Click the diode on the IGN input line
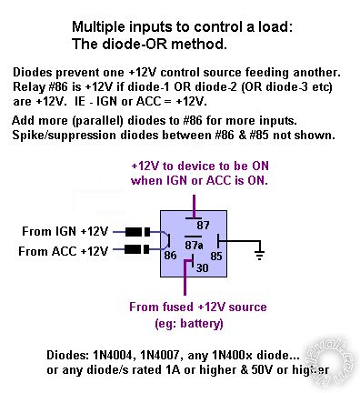click(136, 232)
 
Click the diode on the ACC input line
click(136, 248)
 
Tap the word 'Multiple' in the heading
click(99, 25)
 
